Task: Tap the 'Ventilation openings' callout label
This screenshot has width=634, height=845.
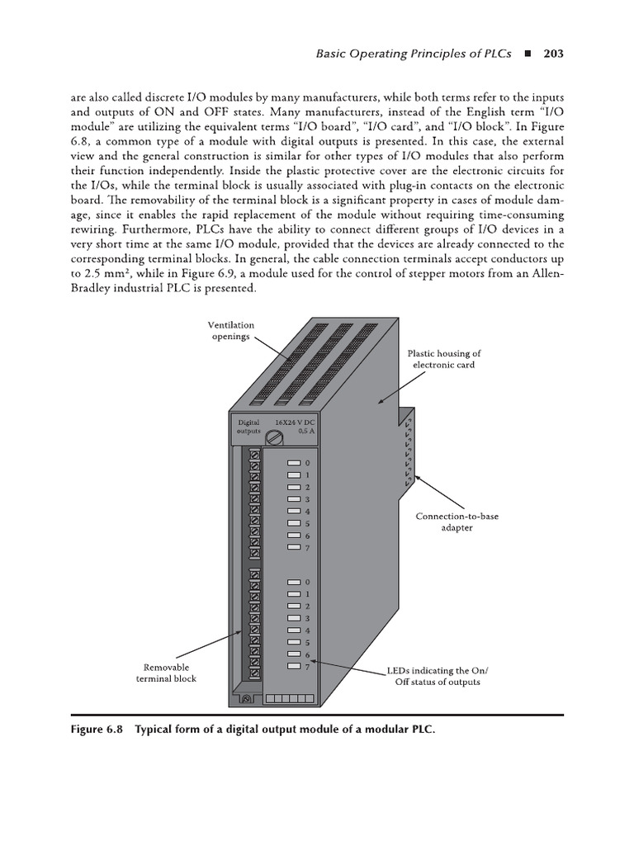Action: (230, 331)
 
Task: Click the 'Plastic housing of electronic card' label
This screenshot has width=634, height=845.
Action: (442, 359)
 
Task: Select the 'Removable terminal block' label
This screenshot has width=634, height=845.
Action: (166, 673)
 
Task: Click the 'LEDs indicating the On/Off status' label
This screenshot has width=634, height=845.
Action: (433, 676)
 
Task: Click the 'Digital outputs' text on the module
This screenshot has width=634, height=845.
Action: (248, 427)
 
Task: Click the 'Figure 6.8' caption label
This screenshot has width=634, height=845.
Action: (97, 730)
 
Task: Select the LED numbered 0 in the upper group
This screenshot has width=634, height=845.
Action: (293, 464)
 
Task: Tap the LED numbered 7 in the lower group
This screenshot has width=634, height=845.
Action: (293, 667)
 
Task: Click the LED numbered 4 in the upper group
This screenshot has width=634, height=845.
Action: (293, 512)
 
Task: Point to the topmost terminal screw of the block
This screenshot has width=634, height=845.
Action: (255, 455)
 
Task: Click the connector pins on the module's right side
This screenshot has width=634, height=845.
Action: (407, 451)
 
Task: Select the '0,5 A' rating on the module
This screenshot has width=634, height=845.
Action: (306, 431)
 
